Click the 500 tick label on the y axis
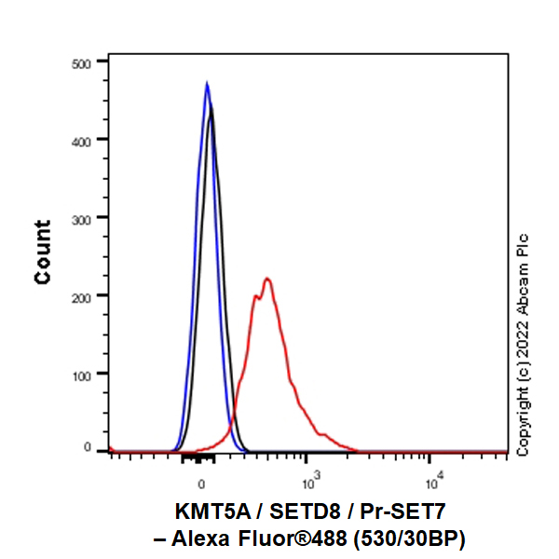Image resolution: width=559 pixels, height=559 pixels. click(83, 62)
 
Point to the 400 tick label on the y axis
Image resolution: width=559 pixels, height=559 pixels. click(83, 140)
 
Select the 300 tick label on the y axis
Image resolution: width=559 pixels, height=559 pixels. click(83, 217)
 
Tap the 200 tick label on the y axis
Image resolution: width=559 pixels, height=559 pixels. click(83, 295)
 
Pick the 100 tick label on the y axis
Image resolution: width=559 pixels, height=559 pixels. click(83, 373)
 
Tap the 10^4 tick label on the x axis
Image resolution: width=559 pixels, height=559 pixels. click(432, 480)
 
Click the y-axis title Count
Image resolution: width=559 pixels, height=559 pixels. click(43, 252)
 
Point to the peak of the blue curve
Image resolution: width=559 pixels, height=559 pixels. click(207, 83)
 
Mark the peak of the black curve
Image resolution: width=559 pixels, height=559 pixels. click(212, 106)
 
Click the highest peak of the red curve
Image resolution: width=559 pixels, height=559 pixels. click(267, 278)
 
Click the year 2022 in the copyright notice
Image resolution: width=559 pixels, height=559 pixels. click(523, 337)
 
